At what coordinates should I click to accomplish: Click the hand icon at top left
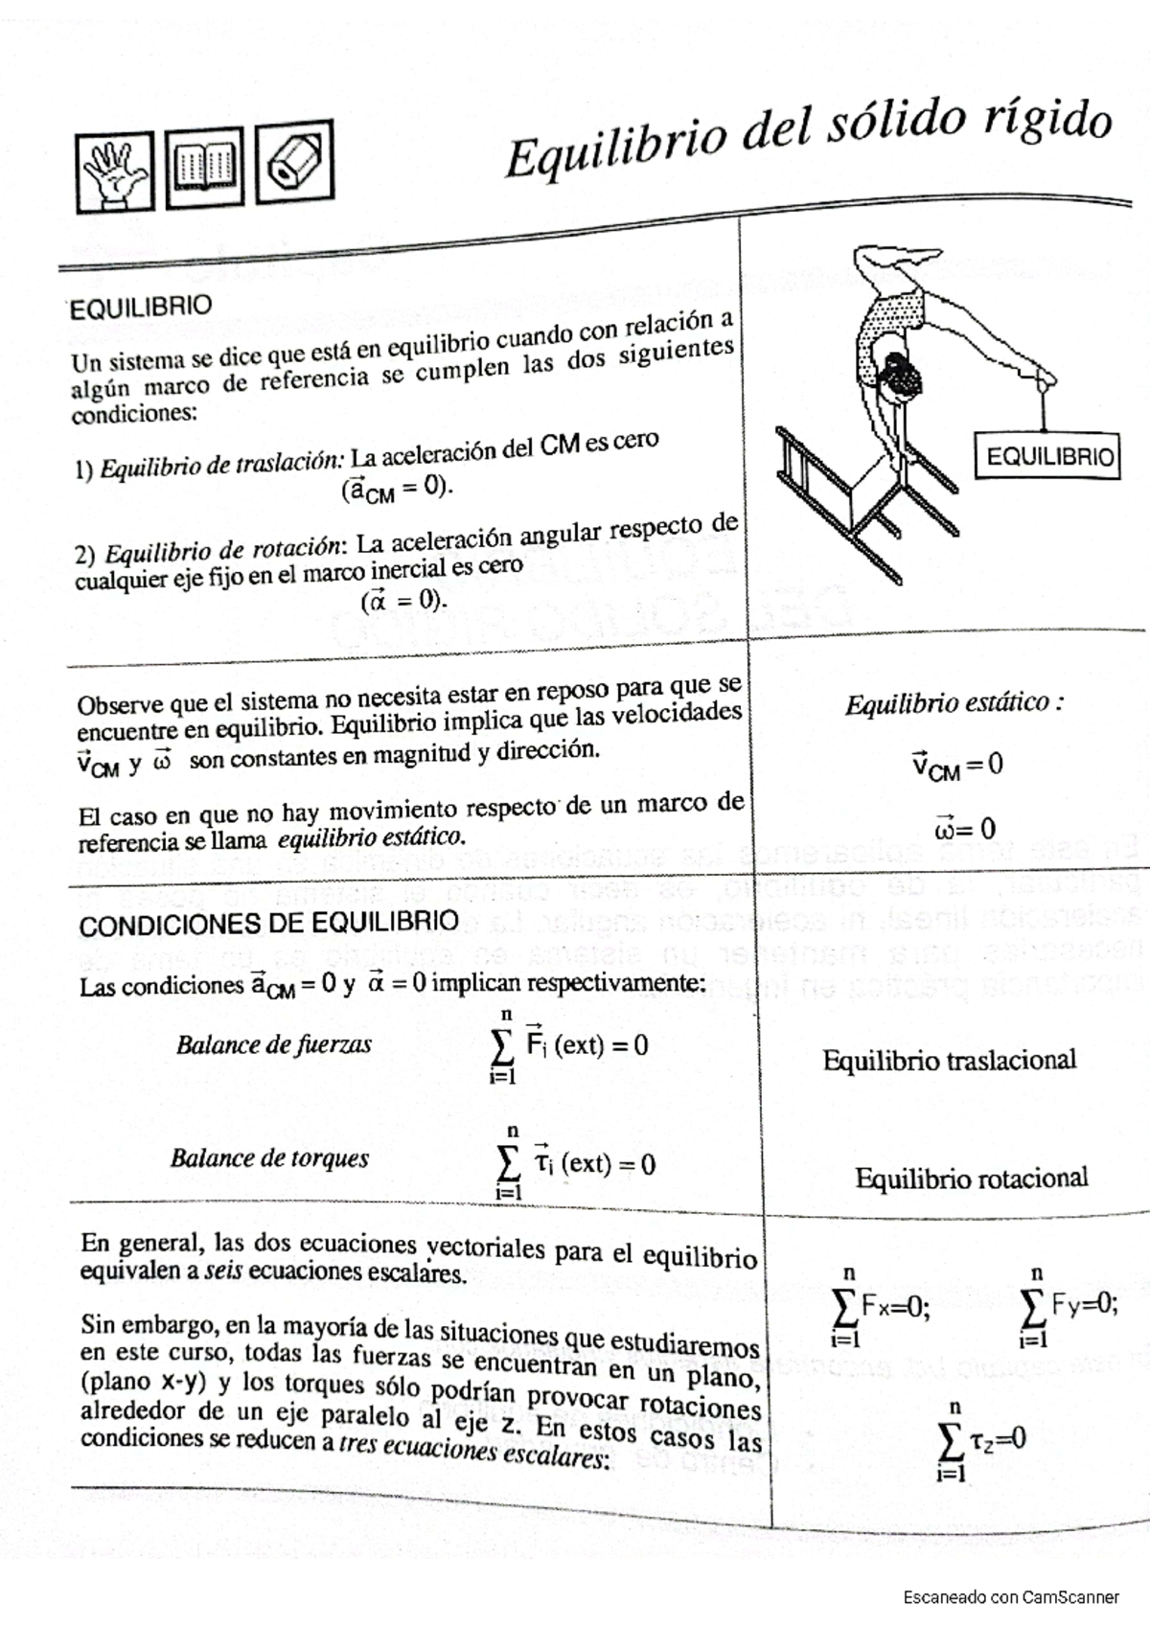point(115,172)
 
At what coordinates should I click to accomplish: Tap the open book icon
point(204,167)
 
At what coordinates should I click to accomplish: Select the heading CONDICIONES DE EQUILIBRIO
point(268,925)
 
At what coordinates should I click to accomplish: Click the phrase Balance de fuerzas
point(273,1044)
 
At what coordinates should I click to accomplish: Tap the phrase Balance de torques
point(269,1158)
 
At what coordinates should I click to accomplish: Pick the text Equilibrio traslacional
point(949,1061)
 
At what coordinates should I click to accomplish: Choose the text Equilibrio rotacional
point(971,1178)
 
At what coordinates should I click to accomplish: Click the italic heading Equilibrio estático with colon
point(954,704)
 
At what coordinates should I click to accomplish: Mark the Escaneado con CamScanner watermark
point(1011,1597)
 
